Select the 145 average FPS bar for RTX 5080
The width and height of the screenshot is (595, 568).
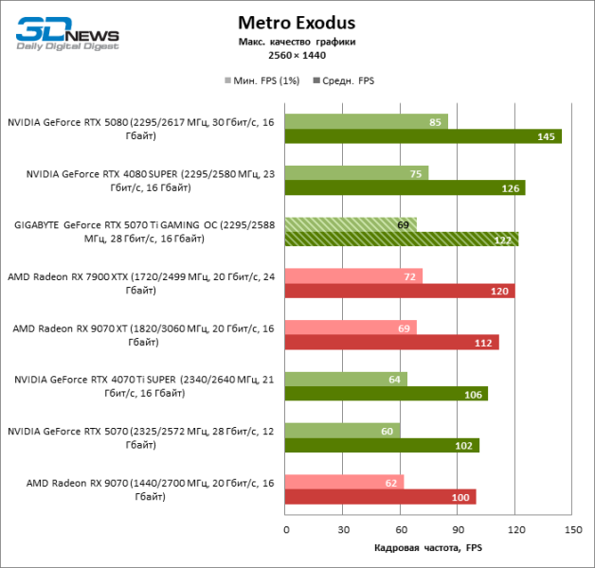424,136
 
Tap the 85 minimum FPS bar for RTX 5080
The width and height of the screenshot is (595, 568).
366,121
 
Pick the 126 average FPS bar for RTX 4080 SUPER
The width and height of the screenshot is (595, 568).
405,187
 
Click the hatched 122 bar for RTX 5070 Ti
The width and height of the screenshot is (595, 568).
402,239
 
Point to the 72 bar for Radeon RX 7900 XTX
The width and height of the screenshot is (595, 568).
353,275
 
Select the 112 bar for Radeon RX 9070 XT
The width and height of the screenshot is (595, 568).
391,342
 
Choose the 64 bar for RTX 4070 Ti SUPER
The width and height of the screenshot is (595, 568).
346,379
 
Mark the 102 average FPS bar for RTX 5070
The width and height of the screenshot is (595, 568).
382,445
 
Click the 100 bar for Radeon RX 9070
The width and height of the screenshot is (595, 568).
380,496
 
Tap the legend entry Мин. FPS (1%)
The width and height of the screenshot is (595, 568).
261,80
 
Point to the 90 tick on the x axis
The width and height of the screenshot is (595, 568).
458,529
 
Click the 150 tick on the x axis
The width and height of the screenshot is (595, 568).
571,529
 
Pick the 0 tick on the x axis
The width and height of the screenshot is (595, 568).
285,529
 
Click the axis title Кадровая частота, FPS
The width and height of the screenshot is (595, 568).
428,548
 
